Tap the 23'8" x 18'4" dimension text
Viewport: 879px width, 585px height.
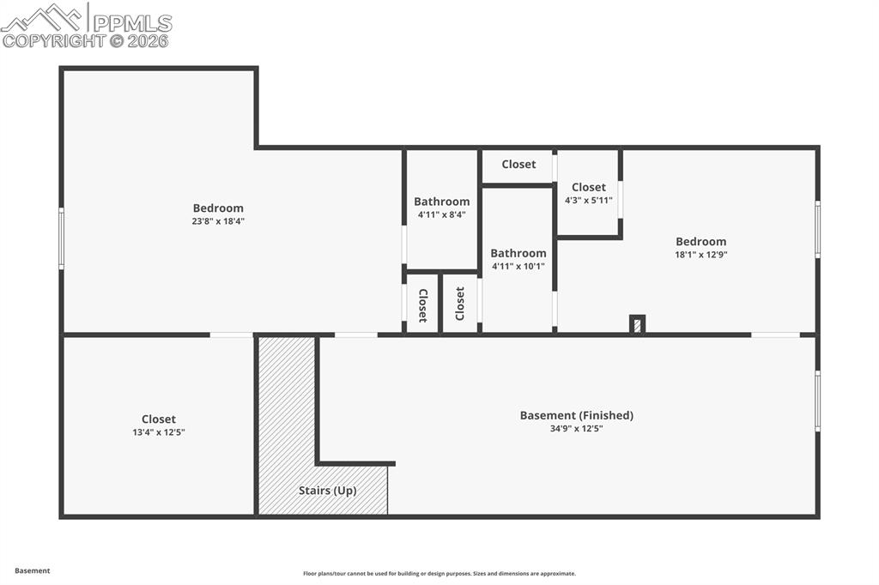(x=218, y=221)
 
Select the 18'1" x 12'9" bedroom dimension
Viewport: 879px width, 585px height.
(x=700, y=255)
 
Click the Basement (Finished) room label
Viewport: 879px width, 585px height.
(x=576, y=415)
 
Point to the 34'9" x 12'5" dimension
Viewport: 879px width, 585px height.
(x=576, y=428)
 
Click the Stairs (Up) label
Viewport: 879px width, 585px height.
(x=327, y=491)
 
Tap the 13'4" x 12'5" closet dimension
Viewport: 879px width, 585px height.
(x=158, y=432)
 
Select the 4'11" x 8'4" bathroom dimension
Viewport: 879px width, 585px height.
(x=441, y=214)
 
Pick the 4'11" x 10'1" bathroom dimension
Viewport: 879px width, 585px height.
(x=518, y=266)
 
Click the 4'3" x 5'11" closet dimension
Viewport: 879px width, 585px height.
(x=588, y=200)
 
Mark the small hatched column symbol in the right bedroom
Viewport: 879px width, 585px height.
(x=637, y=325)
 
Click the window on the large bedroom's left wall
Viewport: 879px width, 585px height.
(x=61, y=238)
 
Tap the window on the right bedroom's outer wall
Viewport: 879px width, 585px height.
(x=817, y=229)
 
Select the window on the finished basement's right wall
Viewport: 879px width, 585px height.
(x=817, y=401)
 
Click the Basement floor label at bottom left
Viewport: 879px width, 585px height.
(x=33, y=570)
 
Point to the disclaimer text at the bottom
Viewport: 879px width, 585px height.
(x=439, y=574)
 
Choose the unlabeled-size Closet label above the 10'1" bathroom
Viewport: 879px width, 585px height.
(x=518, y=164)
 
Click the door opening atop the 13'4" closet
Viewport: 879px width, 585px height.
(x=231, y=335)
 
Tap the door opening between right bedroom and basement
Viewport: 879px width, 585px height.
(x=775, y=335)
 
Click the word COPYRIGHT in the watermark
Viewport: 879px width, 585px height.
(x=52, y=40)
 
